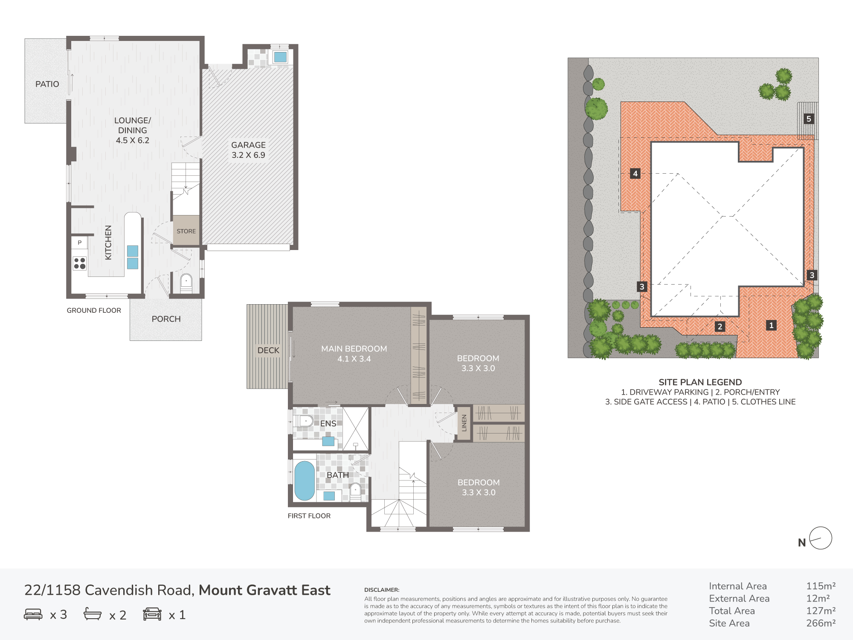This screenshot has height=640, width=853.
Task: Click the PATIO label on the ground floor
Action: [x=47, y=84]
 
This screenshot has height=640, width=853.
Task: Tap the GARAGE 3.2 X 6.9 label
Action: [x=248, y=150]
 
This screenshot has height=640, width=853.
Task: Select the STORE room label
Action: [x=186, y=231]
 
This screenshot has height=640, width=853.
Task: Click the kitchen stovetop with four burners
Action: [x=80, y=263]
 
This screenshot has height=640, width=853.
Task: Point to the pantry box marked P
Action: [x=79, y=243]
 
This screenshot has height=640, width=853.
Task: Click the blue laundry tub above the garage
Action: [x=280, y=57]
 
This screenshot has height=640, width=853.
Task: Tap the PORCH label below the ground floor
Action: [x=166, y=319]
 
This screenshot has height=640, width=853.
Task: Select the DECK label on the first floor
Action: [x=268, y=350]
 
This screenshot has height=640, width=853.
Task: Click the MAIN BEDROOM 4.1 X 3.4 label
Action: [x=354, y=354]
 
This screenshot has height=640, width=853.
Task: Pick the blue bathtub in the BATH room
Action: [x=305, y=480]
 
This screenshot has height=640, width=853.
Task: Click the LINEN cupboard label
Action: [x=464, y=423]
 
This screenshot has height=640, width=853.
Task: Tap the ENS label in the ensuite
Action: [x=328, y=424]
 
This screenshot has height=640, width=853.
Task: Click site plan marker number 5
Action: [x=809, y=119]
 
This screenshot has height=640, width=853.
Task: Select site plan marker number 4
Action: [x=635, y=173]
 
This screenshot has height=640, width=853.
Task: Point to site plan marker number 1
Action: [x=771, y=325]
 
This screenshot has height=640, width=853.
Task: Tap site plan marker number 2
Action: [x=720, y=326]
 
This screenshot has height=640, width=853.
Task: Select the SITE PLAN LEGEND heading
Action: [x=700, y=382]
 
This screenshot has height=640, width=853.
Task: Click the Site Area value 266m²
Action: [x=821, y=623]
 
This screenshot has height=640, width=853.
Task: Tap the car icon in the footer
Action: [x=152, y=614]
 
